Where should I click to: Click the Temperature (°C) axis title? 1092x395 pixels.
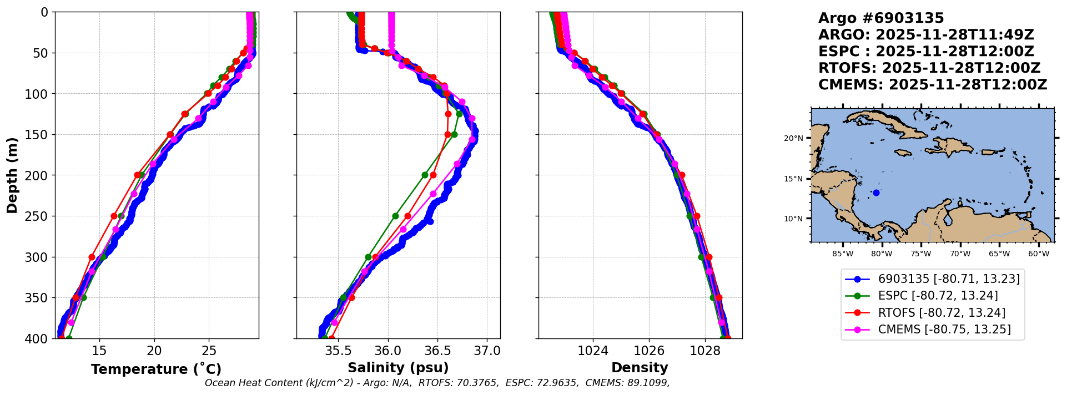(x=156, y=369)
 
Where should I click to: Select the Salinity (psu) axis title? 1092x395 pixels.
(x=398, y=368)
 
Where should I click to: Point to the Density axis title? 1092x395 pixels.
(x=640, y=368)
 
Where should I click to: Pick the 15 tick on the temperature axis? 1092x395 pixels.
(x=99, y=351)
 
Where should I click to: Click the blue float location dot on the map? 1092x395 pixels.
(x=876, y=193)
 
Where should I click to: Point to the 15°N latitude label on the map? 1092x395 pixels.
(x=793, y=179)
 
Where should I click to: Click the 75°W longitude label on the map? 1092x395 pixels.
(x=921, y=254)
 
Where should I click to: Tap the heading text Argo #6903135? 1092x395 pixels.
(x=881, y=18)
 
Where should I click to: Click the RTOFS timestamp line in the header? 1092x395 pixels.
(x=929, y=68)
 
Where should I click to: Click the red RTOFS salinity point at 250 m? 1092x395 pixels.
(x=407, y=216)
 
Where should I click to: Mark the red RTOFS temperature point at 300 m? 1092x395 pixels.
(x=92, y=257)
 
